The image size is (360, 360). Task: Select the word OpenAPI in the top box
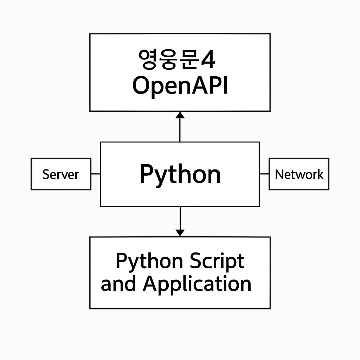(x=180, y=86)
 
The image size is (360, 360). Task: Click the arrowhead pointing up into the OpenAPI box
(x=180, y=115)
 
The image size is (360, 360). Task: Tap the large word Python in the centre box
(x=180, y=174)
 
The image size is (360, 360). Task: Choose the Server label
(x=61, y=174)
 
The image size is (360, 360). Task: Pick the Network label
(x=299, y=174)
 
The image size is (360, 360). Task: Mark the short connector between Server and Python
(x=96, y=174)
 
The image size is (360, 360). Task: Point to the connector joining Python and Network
(x=264, y=174)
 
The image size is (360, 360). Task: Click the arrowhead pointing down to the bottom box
(x=180, y=233)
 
